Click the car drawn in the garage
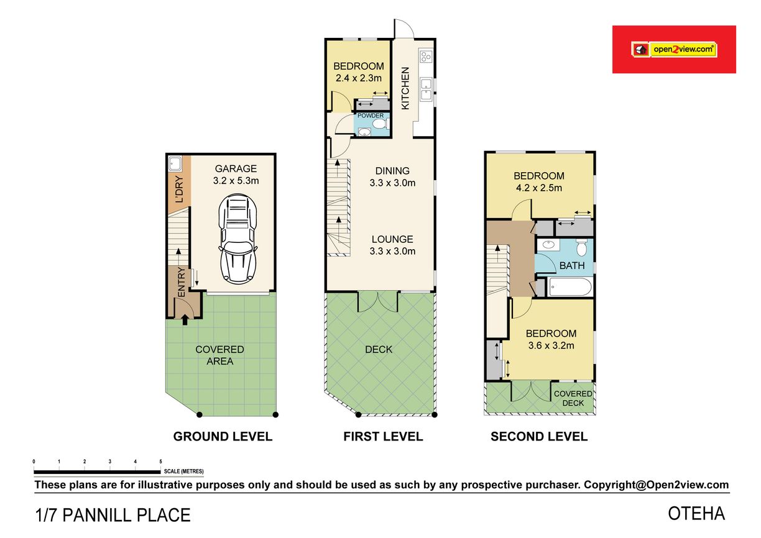click(x=238, y=239)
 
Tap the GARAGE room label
click(x=236, y=168)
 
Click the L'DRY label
click(x=179, y=189)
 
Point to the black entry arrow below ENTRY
click(x=185, y=320)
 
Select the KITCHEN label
click(x=405, y=88)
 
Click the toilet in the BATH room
click(x=581, y=247)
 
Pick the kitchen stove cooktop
click(x=426, y=56)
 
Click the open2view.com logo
click(x=674, y=50)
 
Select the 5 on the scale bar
click(x=160, y=462)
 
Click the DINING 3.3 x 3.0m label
click(x=392, y=177)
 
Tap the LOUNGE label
click(x=392, y=239)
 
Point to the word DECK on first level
click(x=379, y=349)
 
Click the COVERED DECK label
click(x=573, y=398)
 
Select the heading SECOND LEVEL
click(x=539, y=437)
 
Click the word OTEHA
click(x=696, y=514)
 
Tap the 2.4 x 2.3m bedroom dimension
click(x=358, y=78)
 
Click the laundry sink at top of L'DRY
click(x=175, y=163)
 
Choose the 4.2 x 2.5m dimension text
click(x=539, y=188)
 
